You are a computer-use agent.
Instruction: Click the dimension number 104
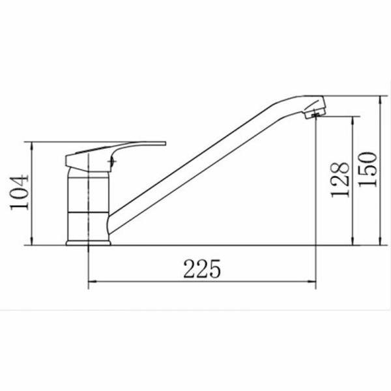coord(20,192)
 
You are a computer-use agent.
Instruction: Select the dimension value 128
coord(340,180)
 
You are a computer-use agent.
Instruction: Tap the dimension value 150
coord(368,169)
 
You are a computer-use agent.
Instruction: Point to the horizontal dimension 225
coord(202,268)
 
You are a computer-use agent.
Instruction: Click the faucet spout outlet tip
coord(315,115)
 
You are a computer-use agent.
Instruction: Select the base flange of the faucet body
coord(88,243)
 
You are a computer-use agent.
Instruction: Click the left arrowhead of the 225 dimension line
coord(93,282)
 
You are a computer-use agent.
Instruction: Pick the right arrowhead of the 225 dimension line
coord(311,282)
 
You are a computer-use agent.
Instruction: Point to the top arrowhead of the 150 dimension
coord(381,100)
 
